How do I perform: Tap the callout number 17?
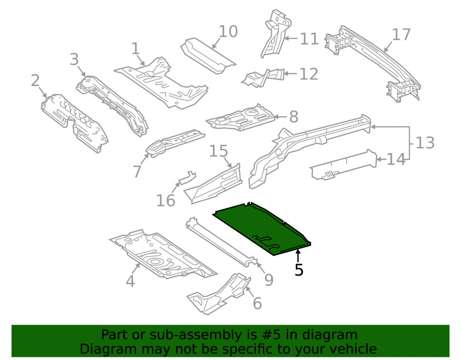coord(402,35)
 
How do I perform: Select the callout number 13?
coord(425,143)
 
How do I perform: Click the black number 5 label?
coord(299,270)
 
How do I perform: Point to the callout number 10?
coord(228,31)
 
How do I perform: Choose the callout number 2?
coord(35,81)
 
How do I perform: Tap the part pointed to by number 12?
coord(263,77)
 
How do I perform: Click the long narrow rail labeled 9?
coord(221,242)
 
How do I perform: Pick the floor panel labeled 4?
coord(163,254)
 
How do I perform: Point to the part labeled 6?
coord(219,294)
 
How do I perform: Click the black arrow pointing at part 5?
coord(298,256)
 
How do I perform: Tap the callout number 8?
coord(294,117)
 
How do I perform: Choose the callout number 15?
coord(219,151)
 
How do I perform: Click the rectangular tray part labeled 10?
coord(208,56)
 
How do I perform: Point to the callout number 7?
coord(137,171)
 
